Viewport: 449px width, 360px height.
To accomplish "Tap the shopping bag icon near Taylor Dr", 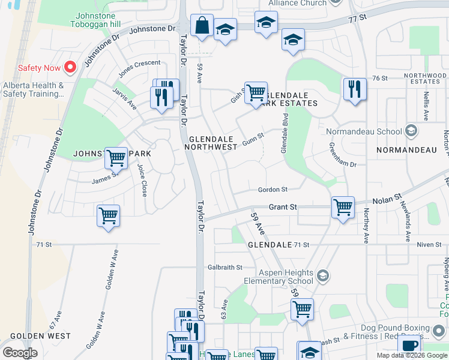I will pos(202,26).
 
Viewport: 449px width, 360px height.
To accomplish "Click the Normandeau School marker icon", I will pos(411,130).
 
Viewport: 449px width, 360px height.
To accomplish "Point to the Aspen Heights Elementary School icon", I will pos(322,275).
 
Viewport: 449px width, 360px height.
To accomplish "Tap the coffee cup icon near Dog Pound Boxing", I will pos(409,345).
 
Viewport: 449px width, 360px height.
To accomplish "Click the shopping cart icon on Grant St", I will pos(343,208).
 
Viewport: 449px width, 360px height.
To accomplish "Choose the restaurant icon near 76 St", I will pos(355,89).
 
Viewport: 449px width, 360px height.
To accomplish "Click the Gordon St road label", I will pos(273,190).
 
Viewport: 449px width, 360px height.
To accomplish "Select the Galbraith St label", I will pos(225,267).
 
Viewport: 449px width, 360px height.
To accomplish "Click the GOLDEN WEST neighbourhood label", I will pos(40,337).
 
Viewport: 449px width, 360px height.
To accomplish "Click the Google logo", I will pos(20,353).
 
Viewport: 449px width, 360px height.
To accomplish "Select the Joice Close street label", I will pos(142,180).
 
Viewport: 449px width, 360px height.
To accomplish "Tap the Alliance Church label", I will pos(297,3).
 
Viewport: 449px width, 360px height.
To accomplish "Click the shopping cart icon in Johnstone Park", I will pos(116,158).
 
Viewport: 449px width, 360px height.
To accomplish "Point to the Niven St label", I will pos(429,244).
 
